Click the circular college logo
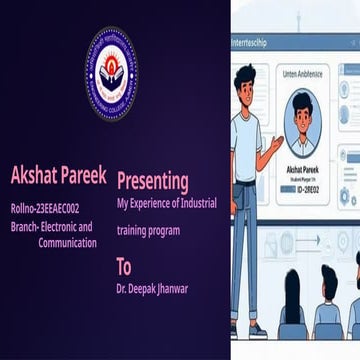click(112, 73)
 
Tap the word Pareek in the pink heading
click(84, 176)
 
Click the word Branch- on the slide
click(27, 226)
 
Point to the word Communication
click(68, 242)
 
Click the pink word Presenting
click(152, 181)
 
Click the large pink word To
click(124, 266)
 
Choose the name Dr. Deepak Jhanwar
click(151, 289)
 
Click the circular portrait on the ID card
click(301, 124)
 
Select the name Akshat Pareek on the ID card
click(301, 170)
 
